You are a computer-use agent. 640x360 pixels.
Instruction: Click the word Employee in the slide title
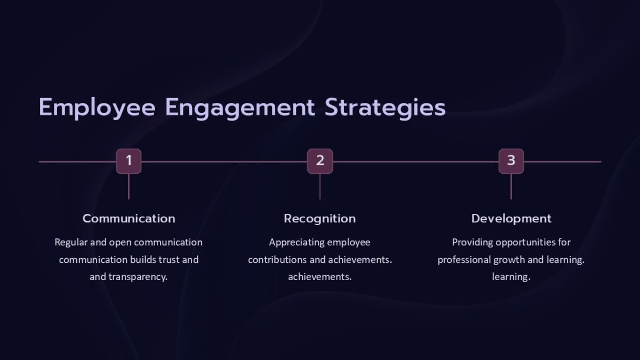[97, 108]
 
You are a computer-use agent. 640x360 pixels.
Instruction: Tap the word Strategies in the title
[385, 108]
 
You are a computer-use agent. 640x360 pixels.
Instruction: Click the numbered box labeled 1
[129, 161]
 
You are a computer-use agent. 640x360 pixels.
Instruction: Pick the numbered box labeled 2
[320, 161]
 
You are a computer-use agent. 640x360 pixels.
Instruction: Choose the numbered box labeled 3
[511, 161]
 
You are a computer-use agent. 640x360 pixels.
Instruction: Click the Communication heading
[129, 219]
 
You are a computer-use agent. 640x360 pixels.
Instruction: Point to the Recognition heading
[319, 219]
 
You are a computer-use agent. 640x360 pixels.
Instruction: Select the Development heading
[511, 219]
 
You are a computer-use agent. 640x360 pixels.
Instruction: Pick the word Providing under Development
[473, 243]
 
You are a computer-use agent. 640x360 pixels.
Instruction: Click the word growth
[508, 260]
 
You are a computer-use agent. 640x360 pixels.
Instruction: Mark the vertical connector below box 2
[320, 187]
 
